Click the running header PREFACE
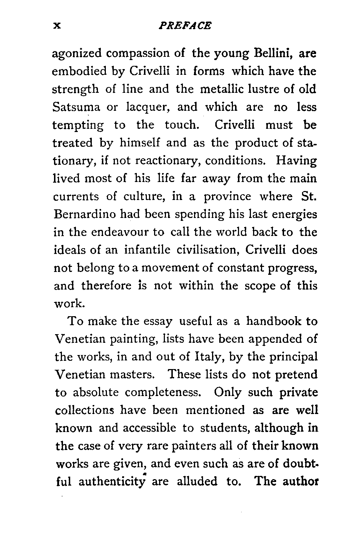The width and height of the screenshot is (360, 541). tap(185, 26)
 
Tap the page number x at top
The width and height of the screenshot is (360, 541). tap(56, 26)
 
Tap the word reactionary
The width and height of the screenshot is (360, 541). tap(172, 161)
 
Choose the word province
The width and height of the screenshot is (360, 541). tap(228, 197)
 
